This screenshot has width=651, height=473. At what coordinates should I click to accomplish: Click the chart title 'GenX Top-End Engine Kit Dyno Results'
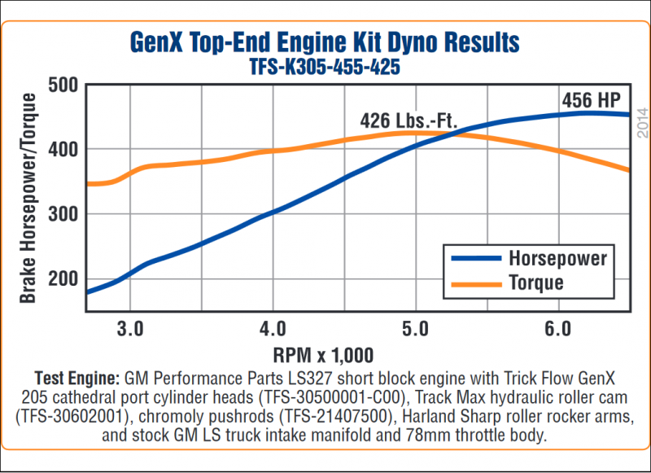click(324, 43)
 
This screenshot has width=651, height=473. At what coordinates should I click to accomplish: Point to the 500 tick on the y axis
click(63, 85)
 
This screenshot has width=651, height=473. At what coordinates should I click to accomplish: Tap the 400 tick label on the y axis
click(63, 150)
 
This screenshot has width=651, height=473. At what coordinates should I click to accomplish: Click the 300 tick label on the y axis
click(63, 214)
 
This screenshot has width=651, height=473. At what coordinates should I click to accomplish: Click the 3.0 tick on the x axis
click(130, 329)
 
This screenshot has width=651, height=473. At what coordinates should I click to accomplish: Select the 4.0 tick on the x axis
click(273, 329)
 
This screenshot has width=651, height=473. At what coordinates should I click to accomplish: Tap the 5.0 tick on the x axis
click(415, 329)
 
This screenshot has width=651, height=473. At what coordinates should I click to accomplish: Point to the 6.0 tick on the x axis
click(557, 329)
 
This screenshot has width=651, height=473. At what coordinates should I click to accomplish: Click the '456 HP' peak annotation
click(590, 101)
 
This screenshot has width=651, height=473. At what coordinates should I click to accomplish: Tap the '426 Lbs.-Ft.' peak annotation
click(409, 121)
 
